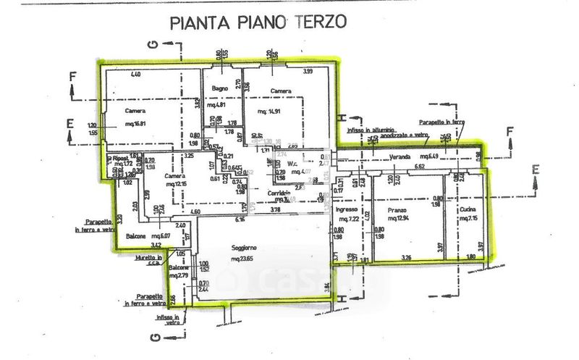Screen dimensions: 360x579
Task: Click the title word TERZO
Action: click(319, 22)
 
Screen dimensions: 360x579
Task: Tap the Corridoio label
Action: click(260, 193)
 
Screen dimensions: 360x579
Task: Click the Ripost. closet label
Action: click(120, 157)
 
